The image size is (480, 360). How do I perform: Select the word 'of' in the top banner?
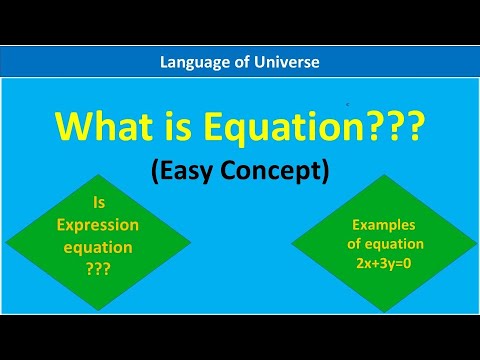pyautogui.click(x=241, y=62)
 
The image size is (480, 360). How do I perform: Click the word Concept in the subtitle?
pyautogui.click(x=275, y=171)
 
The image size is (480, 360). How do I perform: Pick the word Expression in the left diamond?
pyautogui.click(x=83, y=225)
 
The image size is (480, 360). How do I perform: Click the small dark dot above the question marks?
pyautogui.click(x=348, y=103)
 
